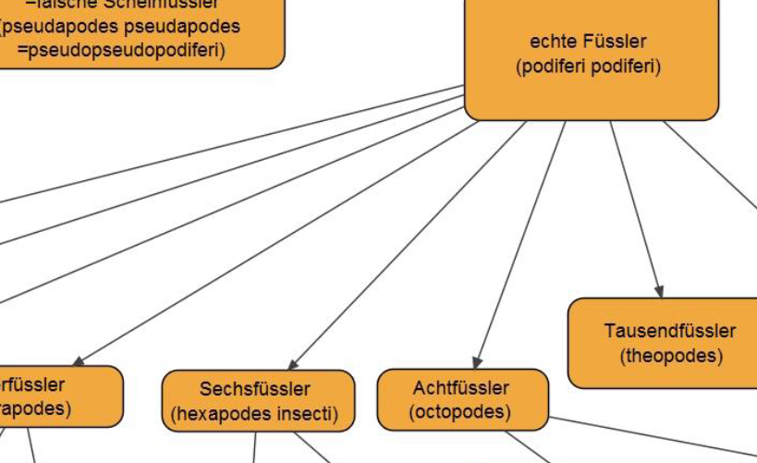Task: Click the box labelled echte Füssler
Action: [592, 55]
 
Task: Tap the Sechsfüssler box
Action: [258, 401]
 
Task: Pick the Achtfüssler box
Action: [462, 399]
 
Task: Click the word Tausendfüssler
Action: [670, 331]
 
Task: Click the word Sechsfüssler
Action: [255, 389]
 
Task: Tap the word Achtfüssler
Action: [461, 387]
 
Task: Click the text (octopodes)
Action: [460, 411]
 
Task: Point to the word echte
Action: [551, 42]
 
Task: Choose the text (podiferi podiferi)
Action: [589, 67]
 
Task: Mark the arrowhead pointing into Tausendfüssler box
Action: [660, 292]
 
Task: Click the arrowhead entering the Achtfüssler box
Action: [476, 362]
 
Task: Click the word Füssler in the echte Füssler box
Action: [614, 42]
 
